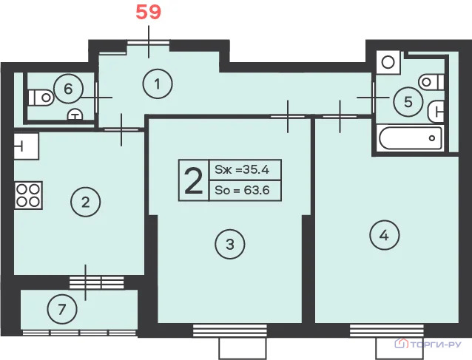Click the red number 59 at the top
pos(149,13)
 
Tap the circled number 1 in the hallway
pos(158,84)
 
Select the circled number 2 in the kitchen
pos(86,202)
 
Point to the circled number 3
pos(230,244)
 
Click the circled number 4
pos(385,235)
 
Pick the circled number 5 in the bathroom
pos(408,102)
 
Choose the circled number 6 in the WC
pos(68,89)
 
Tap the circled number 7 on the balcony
pos(62,309)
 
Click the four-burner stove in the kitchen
pos(28,195)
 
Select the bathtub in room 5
pos(411,138)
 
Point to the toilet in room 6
pos(41,98)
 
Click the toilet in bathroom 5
pos(431,81)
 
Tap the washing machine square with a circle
pos(388,63)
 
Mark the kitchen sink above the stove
pos(26,146)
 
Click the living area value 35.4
pos(256,170)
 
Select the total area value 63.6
pos(257,190)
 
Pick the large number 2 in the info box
pos(194,180)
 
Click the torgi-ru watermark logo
pos(428,344)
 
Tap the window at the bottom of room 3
pos(229,330)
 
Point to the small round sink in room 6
pos(75,115)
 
